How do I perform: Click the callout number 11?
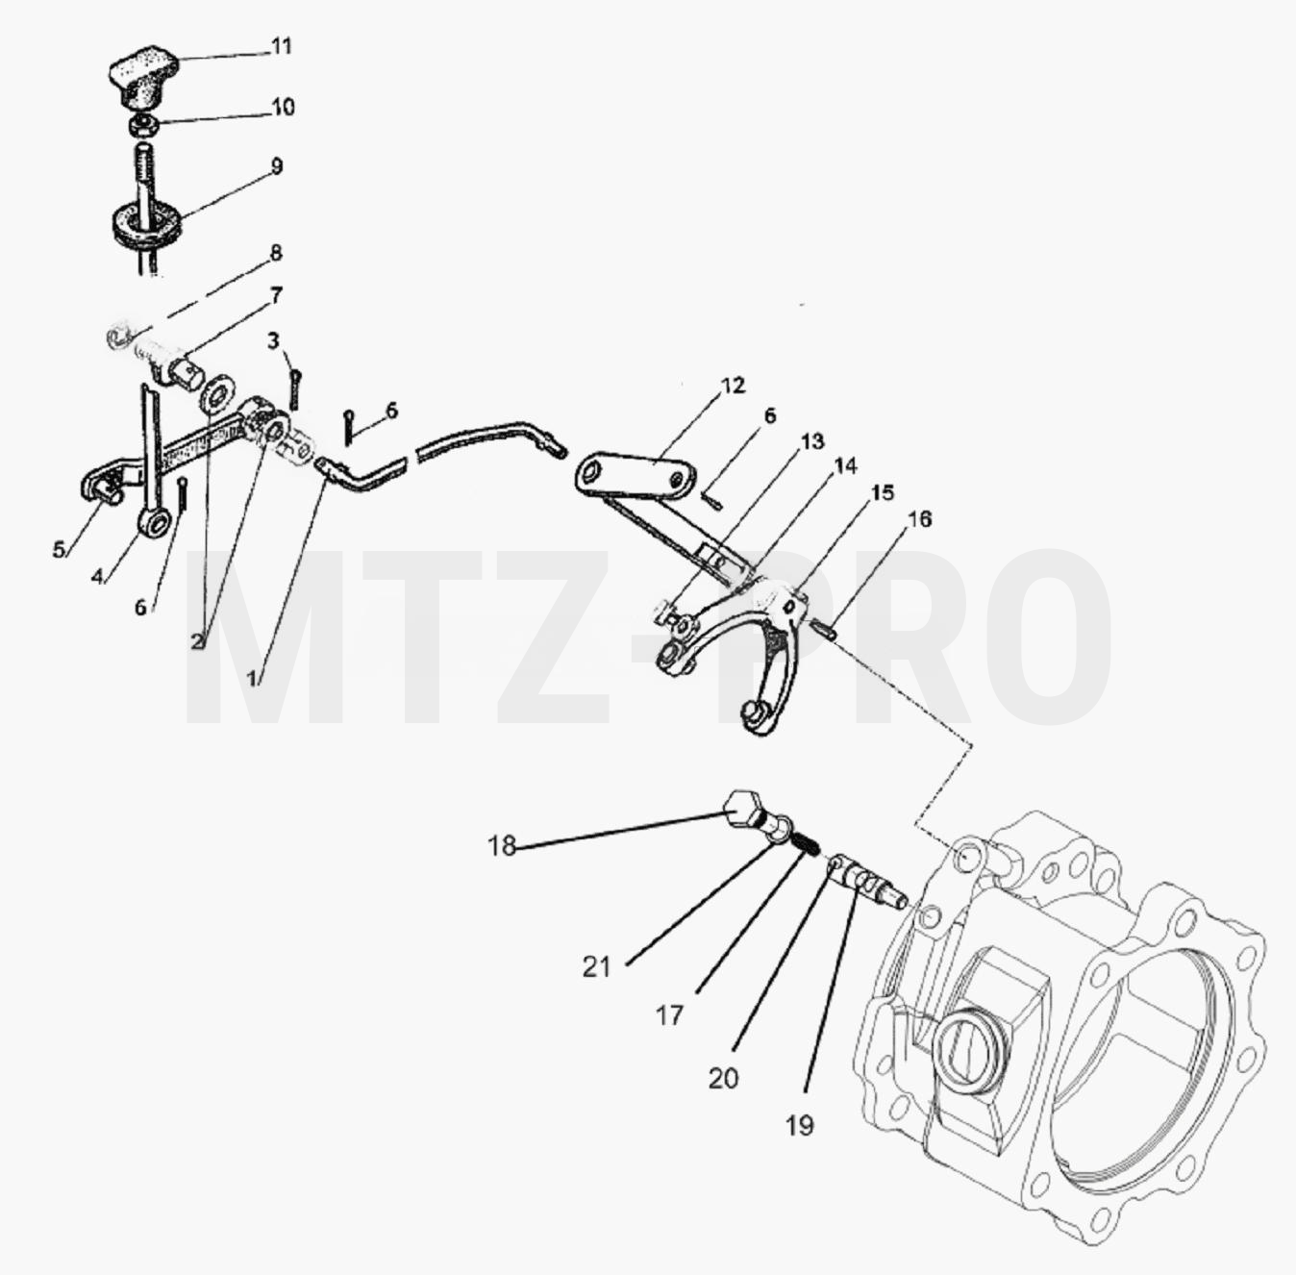[282, 47]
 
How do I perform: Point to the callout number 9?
[277, 166]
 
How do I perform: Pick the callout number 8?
[275, 253]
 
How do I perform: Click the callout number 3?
[272, 340]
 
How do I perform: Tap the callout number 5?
[60, 549]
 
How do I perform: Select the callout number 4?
[98, 576]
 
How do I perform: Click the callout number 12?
[733, 386]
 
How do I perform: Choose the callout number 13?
[811, 441]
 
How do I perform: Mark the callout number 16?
[920, 518]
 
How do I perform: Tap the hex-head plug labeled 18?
[749, 812]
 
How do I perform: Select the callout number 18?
[502, 845]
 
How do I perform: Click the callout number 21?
[596, 967]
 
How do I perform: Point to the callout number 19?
[800, 1124]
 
